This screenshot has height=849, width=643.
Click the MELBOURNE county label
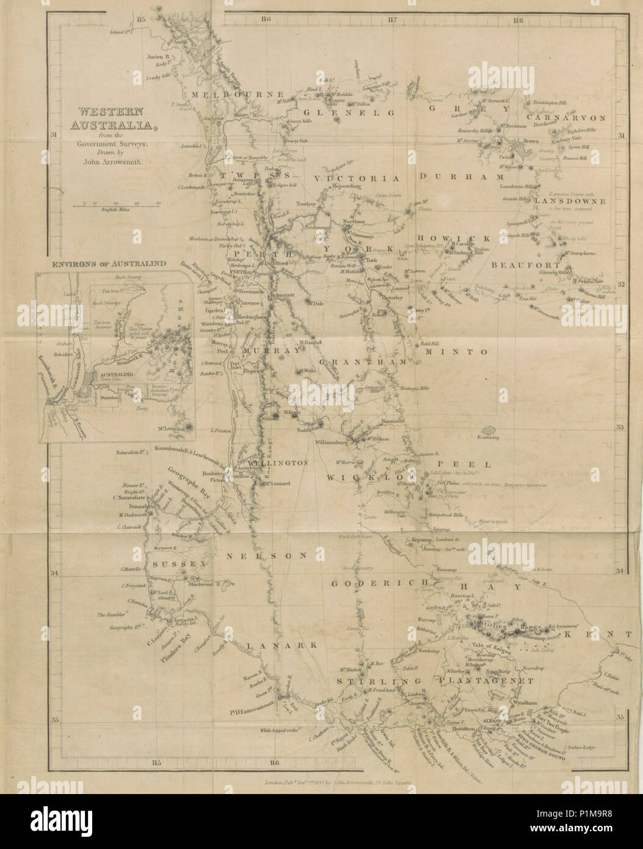(x=237, y=95)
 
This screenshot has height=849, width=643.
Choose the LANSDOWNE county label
(x=569, y=201)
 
